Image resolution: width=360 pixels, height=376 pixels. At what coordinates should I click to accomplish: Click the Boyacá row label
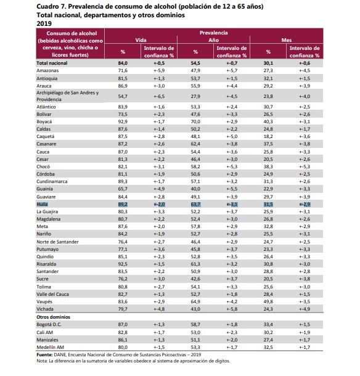44,121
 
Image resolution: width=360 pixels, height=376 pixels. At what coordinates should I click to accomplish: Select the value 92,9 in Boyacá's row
123,121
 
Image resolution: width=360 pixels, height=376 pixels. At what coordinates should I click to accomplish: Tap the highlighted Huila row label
42,204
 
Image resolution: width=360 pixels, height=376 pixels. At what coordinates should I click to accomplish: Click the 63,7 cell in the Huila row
195,204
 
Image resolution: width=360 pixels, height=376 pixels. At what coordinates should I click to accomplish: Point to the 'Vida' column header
141,40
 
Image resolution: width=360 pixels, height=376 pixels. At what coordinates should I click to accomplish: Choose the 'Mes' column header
287,40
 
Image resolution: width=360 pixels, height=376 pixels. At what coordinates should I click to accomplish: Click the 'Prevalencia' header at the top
214,33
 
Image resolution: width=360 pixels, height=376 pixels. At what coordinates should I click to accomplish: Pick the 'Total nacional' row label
52,63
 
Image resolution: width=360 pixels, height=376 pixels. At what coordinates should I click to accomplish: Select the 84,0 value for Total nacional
123,63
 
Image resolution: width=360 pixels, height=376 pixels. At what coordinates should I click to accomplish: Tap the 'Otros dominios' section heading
53,317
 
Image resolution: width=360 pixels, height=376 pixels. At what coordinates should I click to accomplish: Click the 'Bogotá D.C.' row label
49,324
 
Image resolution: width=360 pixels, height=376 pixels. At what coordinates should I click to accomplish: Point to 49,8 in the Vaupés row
268,301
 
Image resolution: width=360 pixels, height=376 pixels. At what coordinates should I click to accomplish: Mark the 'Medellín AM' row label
50,347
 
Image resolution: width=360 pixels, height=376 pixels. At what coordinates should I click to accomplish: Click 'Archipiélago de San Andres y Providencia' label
68,96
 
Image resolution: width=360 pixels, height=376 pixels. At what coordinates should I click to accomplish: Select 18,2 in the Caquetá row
268,136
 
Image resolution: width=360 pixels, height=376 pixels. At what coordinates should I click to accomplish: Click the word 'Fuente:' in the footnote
44,354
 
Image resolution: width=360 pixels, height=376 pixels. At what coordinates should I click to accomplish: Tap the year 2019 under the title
44,23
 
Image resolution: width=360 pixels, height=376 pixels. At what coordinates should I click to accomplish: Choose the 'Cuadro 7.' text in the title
51,7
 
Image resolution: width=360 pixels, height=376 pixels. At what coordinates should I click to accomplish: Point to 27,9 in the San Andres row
195,96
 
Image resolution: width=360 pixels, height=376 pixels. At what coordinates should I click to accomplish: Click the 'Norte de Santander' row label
57,242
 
